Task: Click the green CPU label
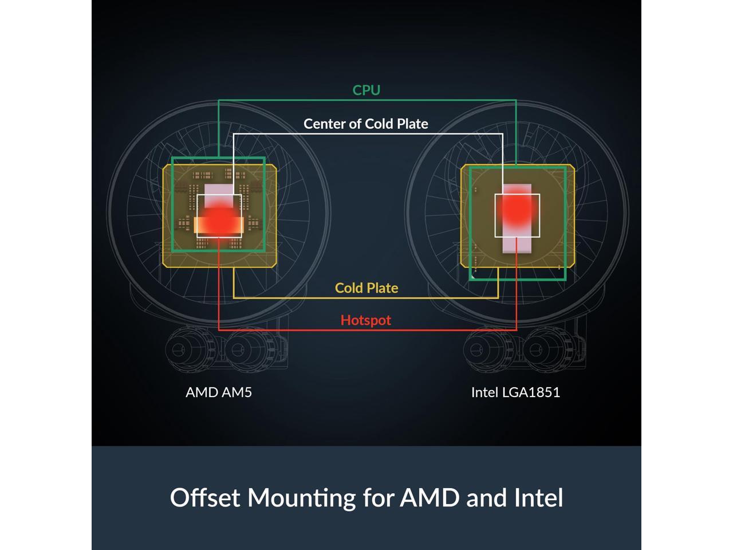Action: (x=366, y=90)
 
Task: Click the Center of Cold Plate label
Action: (x=365, y=124)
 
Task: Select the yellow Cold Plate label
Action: (x=366, y=288)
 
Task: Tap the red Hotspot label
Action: (x=365, y=320)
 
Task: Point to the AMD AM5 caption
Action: (x=219, y=392)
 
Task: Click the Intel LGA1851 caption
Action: (x=515, y=392)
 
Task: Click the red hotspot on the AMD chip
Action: (x=218, y=221)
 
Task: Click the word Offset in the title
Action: (x=206, y=497)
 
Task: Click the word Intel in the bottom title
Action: (x=539, y=497)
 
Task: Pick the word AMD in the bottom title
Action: (x=429, y=497)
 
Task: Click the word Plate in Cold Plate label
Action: (x=383, y=288)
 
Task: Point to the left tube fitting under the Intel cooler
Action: (x=482, y=350)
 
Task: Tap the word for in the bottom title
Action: (x=377, y=497)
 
